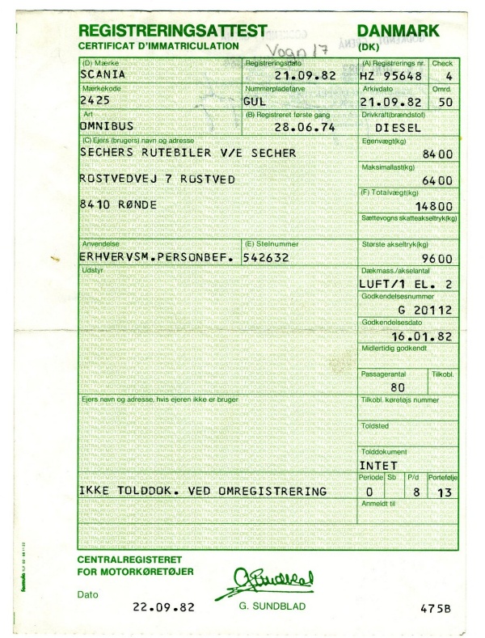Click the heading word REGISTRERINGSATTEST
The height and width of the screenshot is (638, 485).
tap(172, 31)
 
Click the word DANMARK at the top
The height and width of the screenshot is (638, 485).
tap(399, 31)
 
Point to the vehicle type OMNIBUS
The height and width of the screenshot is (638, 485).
tap(106, 127)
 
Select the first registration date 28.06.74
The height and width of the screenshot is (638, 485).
tap(302, 127)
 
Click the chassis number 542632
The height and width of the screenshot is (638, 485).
tap(270, 257)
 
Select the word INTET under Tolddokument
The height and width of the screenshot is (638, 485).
tap(378, 466)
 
